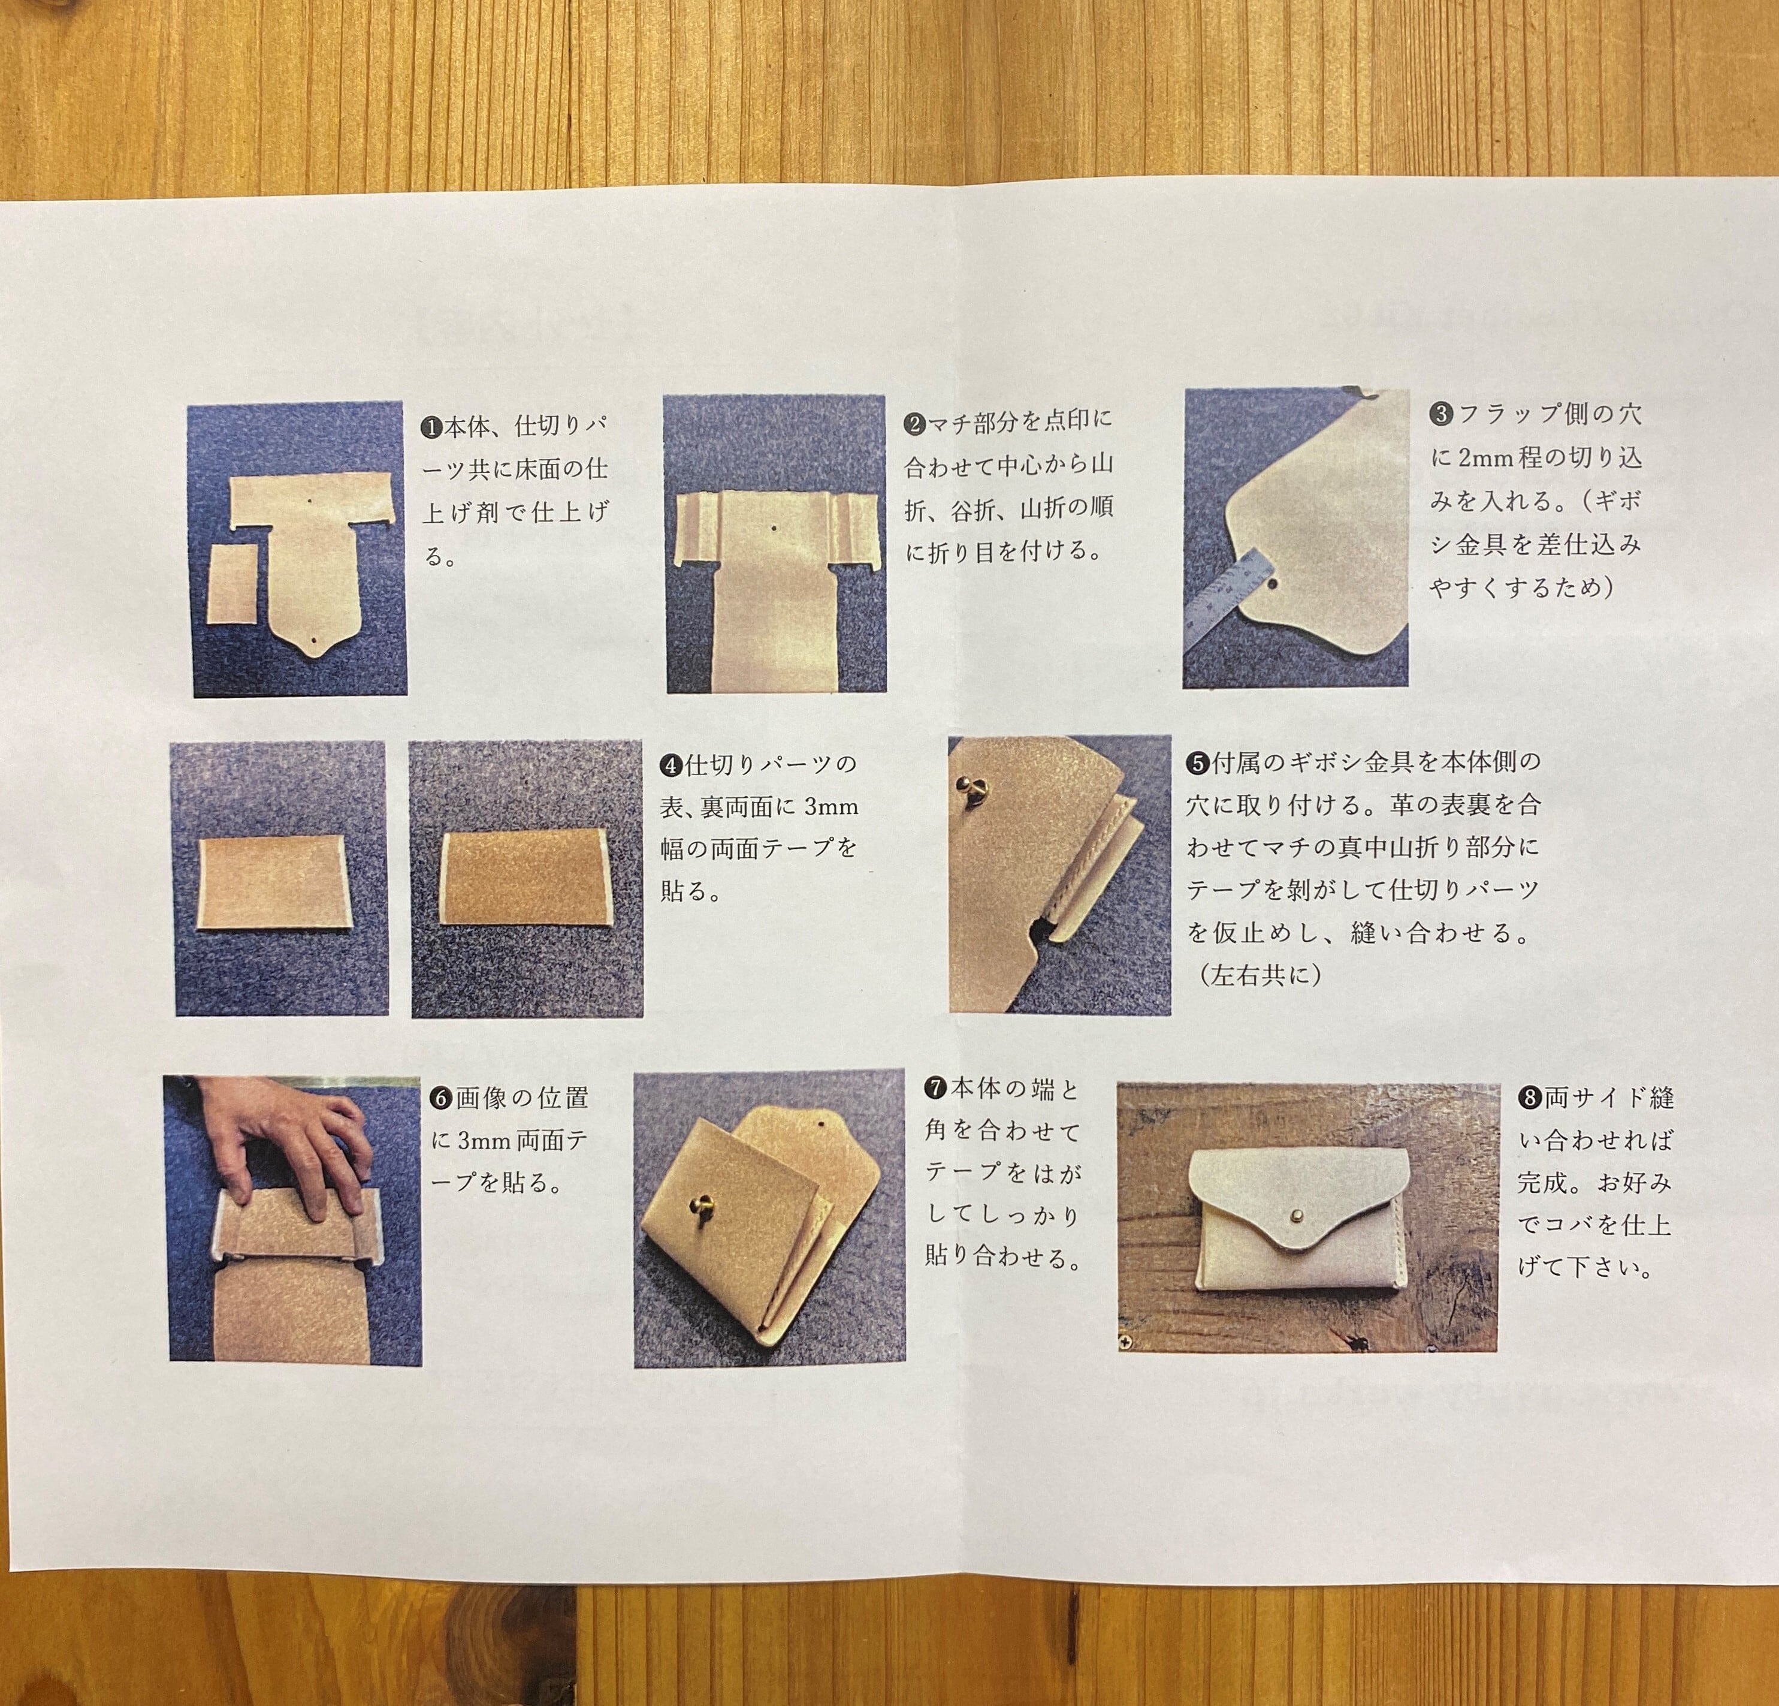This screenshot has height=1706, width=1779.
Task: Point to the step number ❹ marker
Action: click(x=670, y=765)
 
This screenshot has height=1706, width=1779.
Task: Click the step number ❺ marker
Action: click(x=1197, y=762)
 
